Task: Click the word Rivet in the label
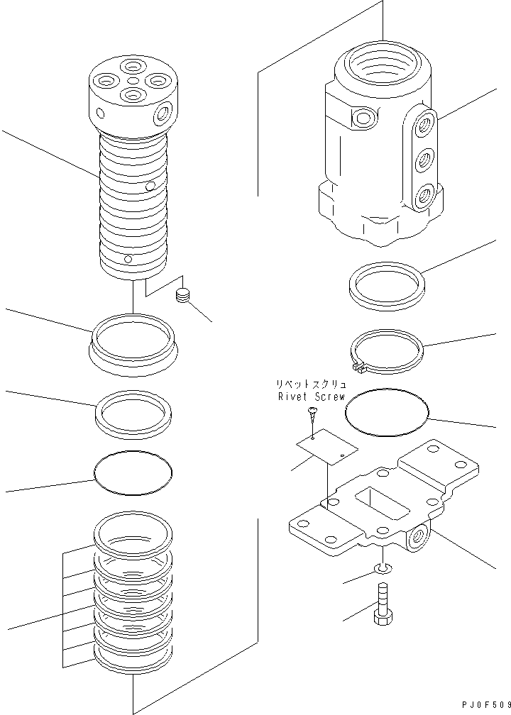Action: [292, 397]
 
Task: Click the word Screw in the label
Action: [330, 397]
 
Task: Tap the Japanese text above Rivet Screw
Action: [311, 384]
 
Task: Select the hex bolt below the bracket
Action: [382, 604]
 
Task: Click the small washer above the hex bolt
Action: [383, 567]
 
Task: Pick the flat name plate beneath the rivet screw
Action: [327, 446]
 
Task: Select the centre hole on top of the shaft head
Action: [133, 80]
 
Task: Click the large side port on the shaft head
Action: [162, 113]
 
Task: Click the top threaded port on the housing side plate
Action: [426, 123]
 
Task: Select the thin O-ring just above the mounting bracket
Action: [387, 411]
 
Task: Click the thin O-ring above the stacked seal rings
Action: [133, 472]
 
